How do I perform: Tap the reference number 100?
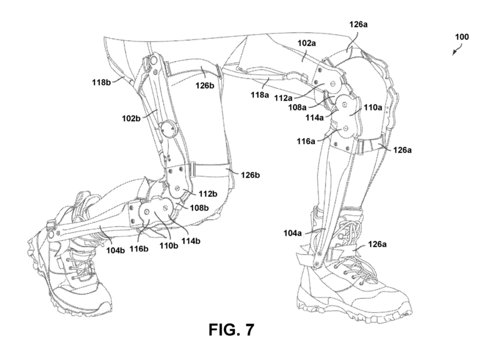[462, 37]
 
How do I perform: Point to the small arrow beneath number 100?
[457, 50]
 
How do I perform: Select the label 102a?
[307, 43]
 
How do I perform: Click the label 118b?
[102, 82]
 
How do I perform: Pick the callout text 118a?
[260, 95]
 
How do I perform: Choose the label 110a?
[373, 108]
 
